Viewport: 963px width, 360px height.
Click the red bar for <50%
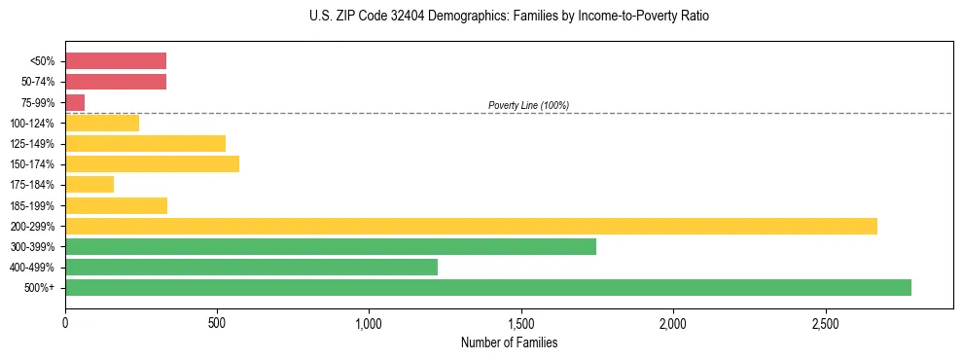click(x=116, y=60)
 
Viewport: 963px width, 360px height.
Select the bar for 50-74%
click(x=116, y=82)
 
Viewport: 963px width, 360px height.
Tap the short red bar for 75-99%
click(x=75, y=102)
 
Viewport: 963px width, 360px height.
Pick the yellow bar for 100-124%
click(x=102, y=123)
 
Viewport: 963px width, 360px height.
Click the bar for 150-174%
click(x=152, y=163)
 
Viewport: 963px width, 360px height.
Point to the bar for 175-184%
click(x=89, y=184)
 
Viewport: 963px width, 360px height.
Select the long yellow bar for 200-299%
click(x=471, y=226)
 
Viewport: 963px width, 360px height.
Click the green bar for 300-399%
click(x=331, y=246)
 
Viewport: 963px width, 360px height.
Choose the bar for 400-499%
click(x=251, y=267)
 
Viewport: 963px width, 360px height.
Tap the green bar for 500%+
click(x=488, y=287)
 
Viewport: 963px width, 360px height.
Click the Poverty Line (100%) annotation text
click(x=528, y=105)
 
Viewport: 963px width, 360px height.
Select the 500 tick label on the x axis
click(x=217, y=322)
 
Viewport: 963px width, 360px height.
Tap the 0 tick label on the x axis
click(x=65, y=322)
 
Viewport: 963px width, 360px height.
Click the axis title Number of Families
click(x=509, y=342)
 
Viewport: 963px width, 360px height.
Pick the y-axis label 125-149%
click(x=34, y=144)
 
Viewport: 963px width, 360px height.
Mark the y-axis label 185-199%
click(x=34, y=205)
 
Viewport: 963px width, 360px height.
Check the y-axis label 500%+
click(x=40, y=288)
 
